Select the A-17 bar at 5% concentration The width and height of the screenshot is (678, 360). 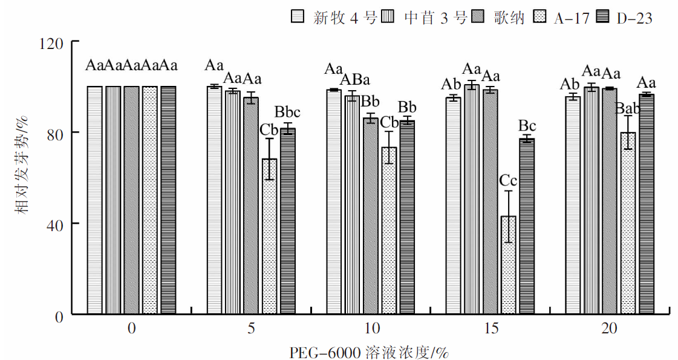[269, 237]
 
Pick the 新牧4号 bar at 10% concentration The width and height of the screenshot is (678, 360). [334, 202]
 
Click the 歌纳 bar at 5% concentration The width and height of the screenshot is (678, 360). [251, 206]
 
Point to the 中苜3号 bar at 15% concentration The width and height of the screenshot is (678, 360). [472, 200]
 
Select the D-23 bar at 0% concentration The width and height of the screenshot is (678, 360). [168, 200]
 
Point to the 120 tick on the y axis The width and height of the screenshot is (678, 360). [57, 42]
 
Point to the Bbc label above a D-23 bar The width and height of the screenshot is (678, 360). [287, 112]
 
